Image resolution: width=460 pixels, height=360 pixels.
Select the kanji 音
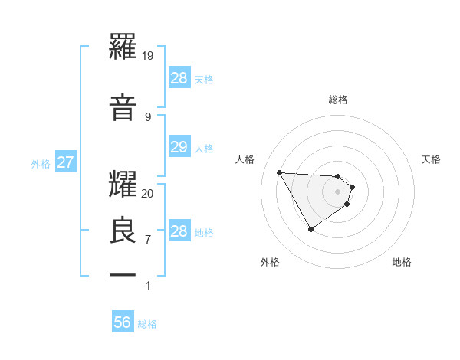point(123,106)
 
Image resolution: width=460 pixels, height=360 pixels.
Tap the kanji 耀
point(123,182)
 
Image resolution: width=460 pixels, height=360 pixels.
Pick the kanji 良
point(123,229)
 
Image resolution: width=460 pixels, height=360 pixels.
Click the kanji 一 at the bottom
point(123,273)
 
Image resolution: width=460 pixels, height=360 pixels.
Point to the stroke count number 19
point(149,56)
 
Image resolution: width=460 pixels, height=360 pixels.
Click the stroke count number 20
point(148,193)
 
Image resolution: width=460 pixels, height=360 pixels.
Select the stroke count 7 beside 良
point(147,240)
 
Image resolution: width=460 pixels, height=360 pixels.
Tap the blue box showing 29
point(179,147)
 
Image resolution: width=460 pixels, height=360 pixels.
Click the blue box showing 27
point(65,162)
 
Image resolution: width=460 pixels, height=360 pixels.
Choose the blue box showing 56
point(123,322)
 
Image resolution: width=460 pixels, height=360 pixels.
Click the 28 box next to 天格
point(179,78)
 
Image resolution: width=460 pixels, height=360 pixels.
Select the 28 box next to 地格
point(179,231)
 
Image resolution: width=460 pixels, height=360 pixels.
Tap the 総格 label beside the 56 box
point(147,324)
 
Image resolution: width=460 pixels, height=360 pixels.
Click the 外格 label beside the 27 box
point(41,163)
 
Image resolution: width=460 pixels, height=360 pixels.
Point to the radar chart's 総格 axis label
point(338,100)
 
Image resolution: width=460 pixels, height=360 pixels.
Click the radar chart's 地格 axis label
point(402,262)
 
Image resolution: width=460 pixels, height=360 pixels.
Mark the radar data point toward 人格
point(279,172)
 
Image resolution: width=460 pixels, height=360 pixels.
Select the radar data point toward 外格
point(310,229)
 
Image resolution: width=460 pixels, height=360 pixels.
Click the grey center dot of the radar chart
point(338,191)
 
